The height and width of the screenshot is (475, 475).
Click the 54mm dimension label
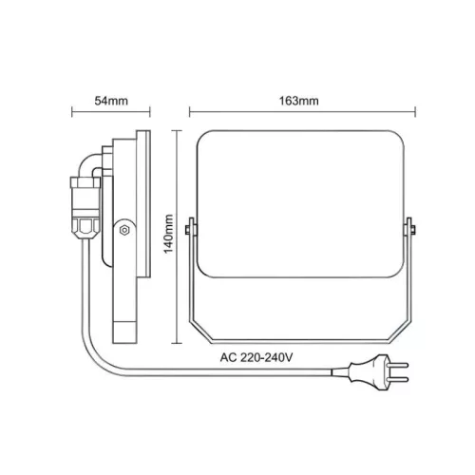109,100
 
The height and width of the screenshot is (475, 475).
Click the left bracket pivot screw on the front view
193,229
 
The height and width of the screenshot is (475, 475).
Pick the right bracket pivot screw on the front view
409,229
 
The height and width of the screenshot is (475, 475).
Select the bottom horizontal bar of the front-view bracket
301,344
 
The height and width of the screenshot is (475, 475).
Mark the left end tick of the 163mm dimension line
189,112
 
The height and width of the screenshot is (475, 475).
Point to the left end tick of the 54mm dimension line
72,112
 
